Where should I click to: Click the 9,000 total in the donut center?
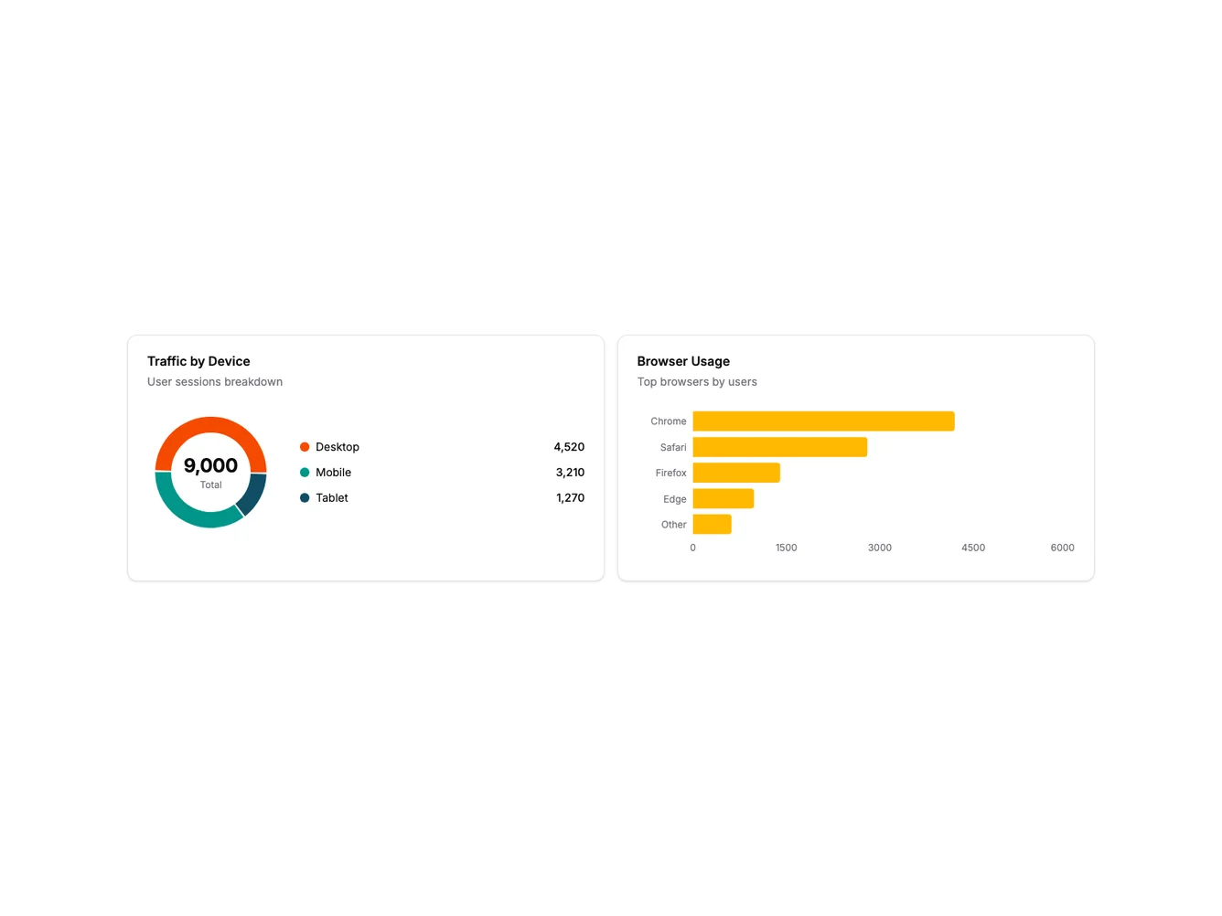[x=210, y=466]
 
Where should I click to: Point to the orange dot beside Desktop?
[x=305, y=447]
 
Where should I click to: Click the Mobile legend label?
[x=333, y=473]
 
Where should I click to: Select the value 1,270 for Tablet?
[x=570, y=498]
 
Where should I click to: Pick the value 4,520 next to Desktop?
[x=569, y=447]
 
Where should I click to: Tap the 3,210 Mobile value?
[x=570, y=473]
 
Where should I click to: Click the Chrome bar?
[x=823, y=421]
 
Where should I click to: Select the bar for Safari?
[x=779, y=447]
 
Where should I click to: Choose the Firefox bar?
[x=736, y=473]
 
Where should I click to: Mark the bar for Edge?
[x=723, y=498]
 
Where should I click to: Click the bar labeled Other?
[x=712, y=525]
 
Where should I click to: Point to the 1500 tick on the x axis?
[x=786, y=548]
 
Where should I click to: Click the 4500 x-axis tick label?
[x=973, y=548]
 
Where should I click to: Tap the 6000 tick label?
[x=1062, y=548]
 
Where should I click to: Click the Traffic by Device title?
[x=198, y=361]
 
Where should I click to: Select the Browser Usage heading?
[x=683, y=361]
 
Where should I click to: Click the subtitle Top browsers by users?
[x=697, y=382]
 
